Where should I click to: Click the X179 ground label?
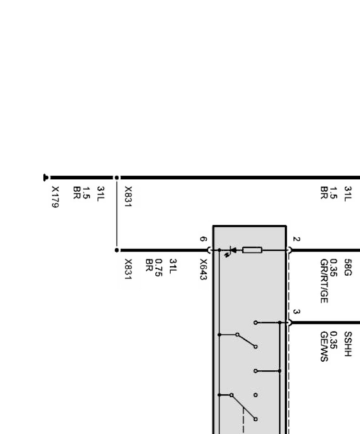pyautogui.click(x=55, y=197)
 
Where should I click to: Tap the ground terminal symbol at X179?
pyautogui.click(x=45, y=177)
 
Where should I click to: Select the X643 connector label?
pyautogui.click(x=203, y=269)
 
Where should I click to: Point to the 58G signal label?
pyautogui.click(x=348, y=267)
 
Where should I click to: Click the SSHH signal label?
pyautogui.click(x=348, y=344)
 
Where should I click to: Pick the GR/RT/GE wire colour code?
pyautogui.click(x=324, y=281)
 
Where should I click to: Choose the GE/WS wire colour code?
pyautogui.click(x=324, y=346)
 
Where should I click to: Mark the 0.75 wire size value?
pyautogui.click(x=158, y=267)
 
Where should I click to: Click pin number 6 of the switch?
pyautogui.click(x=203, y=239)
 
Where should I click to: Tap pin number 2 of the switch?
pyautogui.click(x=296, y=239)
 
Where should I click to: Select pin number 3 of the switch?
pyautogui.click(x=296, y=312)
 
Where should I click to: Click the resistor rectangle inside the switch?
pyautogui.click(x=252, y=250)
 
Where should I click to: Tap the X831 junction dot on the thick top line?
pyautogui.click(x=117, y=177)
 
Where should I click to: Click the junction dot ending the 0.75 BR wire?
pyautogui.click(x=117, y=250)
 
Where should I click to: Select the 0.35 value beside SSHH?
pyautogui.click(x=334, y=340)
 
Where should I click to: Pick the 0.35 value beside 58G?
pyautogui.click(x=334, y=267)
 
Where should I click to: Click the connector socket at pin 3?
pyautogui.click(x=289, y=323)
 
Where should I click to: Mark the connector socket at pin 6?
pyautogui.click(x=210, y=250)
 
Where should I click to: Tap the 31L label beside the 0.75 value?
pyautogui.click(x=172, y=266)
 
